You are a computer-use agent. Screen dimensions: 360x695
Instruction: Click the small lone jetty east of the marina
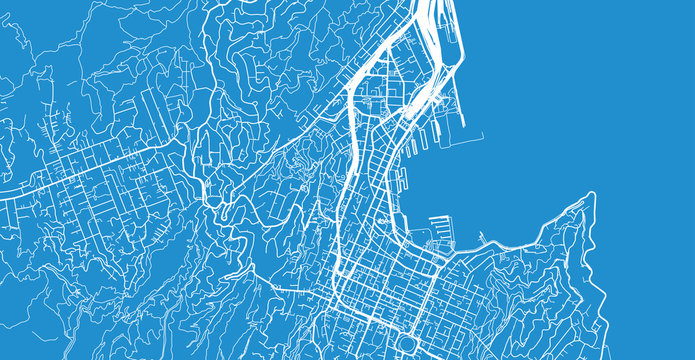point(482,238)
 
